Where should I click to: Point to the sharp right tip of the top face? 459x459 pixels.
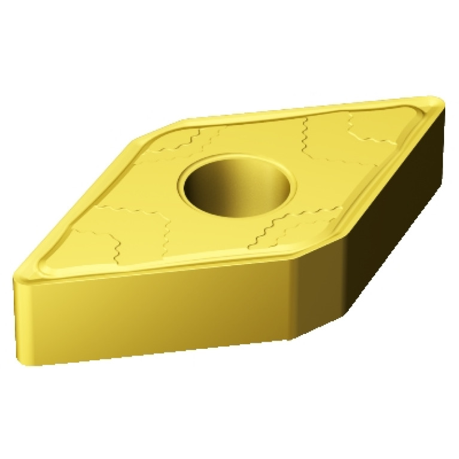click(440, 102)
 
